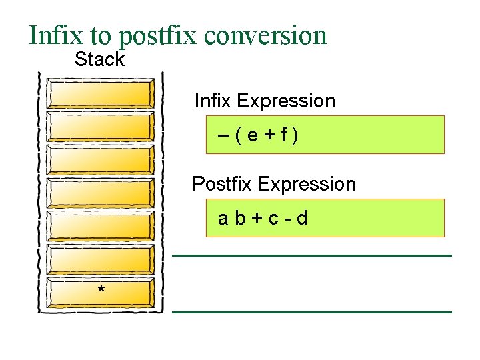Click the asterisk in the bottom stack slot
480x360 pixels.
click(101, 291)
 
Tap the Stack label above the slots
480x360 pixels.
click(99, 59)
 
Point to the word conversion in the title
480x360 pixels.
click(266, 35)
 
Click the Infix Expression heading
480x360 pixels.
click(265, 101)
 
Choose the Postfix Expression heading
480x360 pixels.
click(274, 184)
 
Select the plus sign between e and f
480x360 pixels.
click(269, 135)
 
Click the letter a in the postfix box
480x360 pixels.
click(224, 219)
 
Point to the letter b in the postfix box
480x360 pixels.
click(239, 218)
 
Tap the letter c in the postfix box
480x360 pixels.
click(271, 219)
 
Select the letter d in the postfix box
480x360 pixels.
click(303, 218)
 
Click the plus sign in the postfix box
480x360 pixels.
click(255, 219)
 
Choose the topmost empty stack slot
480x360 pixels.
click(101, 94)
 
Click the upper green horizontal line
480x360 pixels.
click(312, 255)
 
